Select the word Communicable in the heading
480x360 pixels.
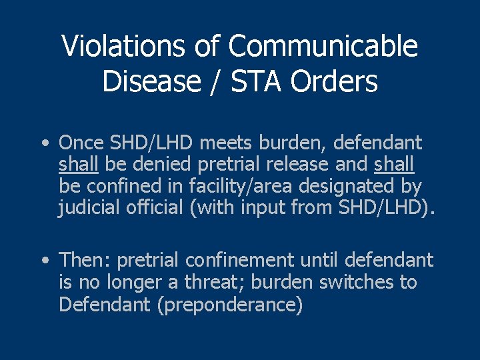pyautogui.click(x=323, y=47)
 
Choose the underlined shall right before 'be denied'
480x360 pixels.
pyautogui.click(x=79, y=165)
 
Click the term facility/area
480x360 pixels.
pyautogui.click(x=243, y=186)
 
